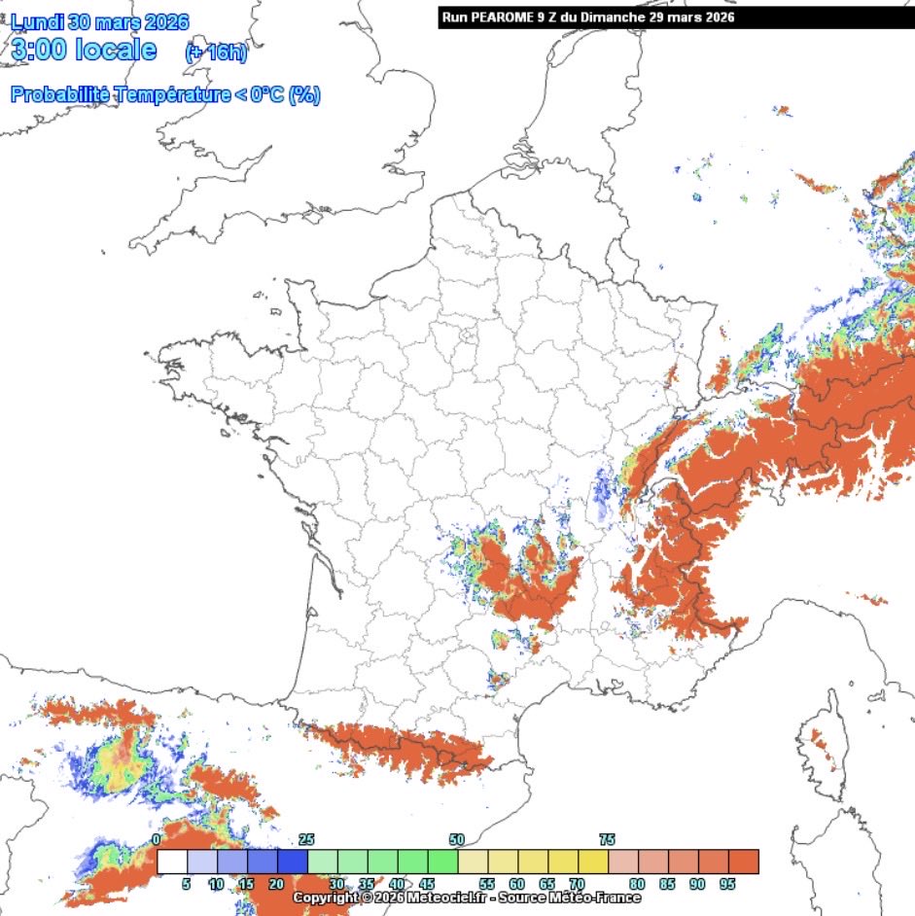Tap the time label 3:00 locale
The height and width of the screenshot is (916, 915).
click(83, 51)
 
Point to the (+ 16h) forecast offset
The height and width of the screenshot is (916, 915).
click(216, 53)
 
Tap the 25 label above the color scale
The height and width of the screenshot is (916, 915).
click(307, 839)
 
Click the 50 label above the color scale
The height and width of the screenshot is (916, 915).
click(457, 839)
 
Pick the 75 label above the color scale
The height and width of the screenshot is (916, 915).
click(607, 839)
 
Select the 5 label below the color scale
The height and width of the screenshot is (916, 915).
click(187, 884)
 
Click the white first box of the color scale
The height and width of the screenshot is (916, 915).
click(172, 863)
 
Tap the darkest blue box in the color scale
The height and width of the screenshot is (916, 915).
click(292, 863)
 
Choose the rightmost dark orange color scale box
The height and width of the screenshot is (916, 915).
click(744, 863)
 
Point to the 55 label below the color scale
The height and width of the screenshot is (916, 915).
click(487, 884)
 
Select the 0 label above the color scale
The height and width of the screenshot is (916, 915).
click(158, 839)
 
